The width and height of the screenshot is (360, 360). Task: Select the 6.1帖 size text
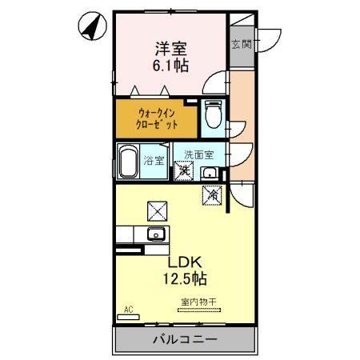[x=171, y=66]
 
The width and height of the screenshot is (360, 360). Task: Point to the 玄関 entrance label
[x=242, y=44]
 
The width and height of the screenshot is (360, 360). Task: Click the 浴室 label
[x=156, y=161]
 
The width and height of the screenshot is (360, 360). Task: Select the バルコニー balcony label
[x=185, y=340]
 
